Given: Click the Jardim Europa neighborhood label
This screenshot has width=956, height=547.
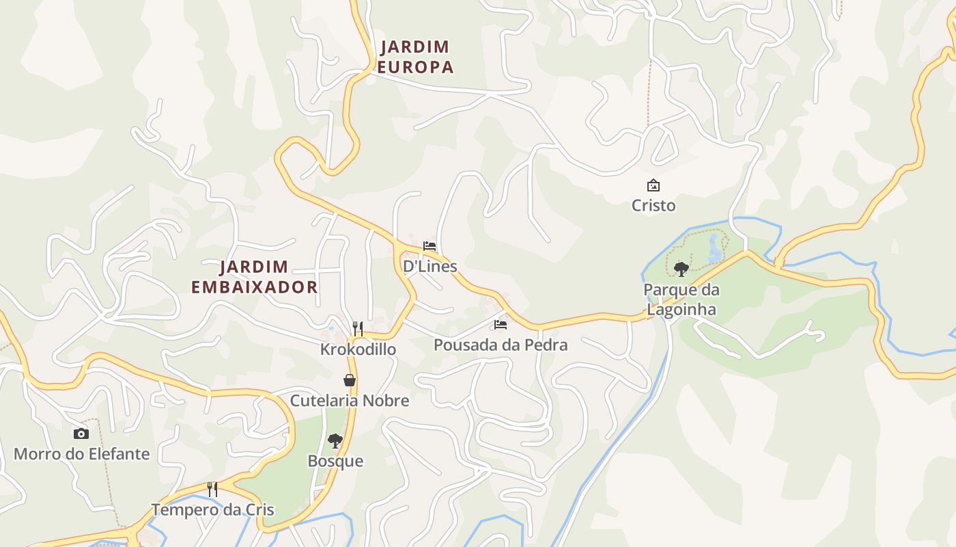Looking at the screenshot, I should [x=416, y=57].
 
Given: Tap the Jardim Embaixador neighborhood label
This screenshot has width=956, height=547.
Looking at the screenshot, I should [x=254, y=277].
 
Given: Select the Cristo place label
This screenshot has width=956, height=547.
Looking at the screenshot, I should [x=653, y=205].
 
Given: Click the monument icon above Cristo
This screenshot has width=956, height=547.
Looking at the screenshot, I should [x=653, y=185].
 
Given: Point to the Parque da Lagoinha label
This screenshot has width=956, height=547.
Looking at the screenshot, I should [x=681, y=299].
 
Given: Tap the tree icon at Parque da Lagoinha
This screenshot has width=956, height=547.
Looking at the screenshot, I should [x=681, y=269].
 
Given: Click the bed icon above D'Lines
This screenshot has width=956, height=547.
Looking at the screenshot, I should [x=430, y=246].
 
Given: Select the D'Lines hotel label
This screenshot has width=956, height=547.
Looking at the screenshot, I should [x=430, y=266].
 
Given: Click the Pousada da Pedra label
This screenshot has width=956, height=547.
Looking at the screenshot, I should [x=501, y=345].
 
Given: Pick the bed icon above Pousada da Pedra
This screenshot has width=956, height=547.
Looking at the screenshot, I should [x=501, y=325].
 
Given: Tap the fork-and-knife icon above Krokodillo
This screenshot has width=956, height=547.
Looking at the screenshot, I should [x=357, y=328].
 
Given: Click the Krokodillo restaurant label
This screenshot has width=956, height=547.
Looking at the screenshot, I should [x=358, y=349].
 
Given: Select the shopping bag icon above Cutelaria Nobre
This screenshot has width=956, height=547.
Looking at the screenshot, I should [x=350, y=380].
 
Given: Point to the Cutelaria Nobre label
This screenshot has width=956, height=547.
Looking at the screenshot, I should [x=350, y=401].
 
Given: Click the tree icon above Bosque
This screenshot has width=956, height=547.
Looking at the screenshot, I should [x=335, y=441].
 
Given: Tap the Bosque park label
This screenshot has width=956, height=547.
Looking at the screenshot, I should [x=335, y=461].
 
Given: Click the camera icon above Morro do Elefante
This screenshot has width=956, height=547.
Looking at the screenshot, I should [x=81, y=433].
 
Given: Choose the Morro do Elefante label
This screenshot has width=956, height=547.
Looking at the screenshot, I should [x=81, y=454].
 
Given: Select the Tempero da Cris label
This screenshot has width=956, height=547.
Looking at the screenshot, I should [x=212, y=509].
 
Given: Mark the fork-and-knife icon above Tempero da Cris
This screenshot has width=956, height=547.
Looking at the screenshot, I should [x=212, y=489].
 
